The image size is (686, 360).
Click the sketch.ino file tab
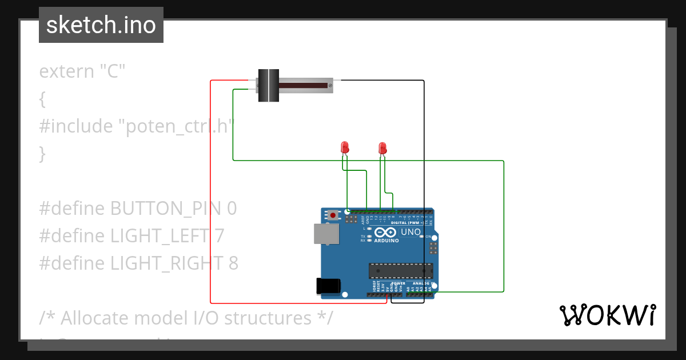point(101,25)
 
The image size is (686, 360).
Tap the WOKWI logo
point(607,315)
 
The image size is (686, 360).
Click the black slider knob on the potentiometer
point(268,86)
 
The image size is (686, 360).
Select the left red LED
point(345,147)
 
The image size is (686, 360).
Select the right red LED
point(382,149)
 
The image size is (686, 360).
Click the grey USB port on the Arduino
point(326,234)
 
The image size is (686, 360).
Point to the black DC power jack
point(329,286)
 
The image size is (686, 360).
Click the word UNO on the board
point(410,233)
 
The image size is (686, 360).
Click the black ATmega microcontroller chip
point(400,271)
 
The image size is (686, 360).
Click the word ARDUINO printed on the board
point(387,241)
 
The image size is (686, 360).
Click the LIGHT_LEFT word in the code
point(159,235)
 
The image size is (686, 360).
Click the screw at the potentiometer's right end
point(330,86)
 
